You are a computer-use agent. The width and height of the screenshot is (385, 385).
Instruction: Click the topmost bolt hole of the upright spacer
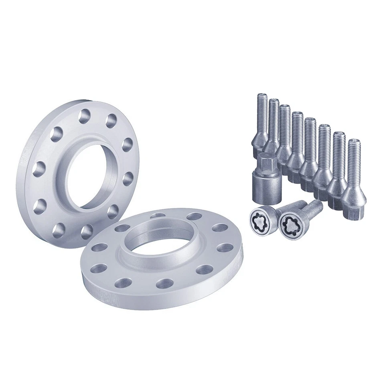[x=85, y=116]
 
